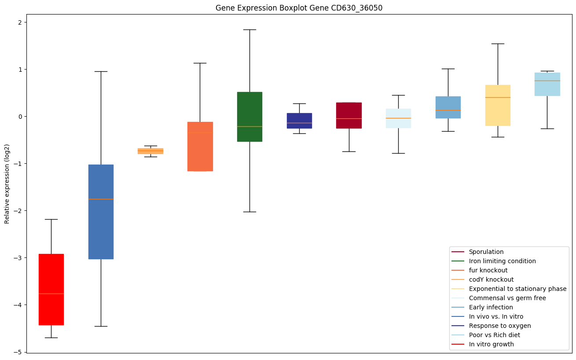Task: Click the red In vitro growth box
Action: [x=51, y=289]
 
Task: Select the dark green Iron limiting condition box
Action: [x=249, y=117]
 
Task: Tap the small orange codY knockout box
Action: [x=150, y=151]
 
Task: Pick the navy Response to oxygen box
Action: [x=299, y=121]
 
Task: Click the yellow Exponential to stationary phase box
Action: [x=498, y=105]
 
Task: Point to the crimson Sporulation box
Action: [x=349, y=115]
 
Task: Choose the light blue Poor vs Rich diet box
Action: [x=547, y=84]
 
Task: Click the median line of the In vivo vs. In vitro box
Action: [x=101, y=199]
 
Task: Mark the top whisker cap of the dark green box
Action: [x=249, y=29]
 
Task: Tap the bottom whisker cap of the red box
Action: [x=51, y=338]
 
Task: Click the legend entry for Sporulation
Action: [x=486, y=252]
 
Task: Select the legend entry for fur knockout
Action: [x=488, y=270]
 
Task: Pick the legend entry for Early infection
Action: [x=491, y=307]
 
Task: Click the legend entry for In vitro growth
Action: [x=491, y=344]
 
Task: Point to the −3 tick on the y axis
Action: [x=26, y=258]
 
